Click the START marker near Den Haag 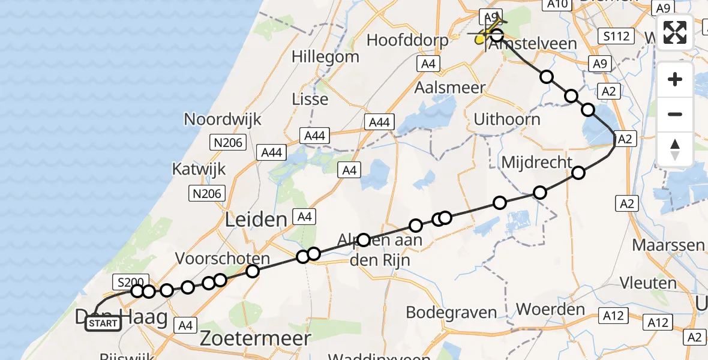(103, 324)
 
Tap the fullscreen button (675, 32)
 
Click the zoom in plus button (675, 79)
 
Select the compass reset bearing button (675, 149)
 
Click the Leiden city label (256, 220)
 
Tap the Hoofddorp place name (407, 41)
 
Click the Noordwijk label (223, 119)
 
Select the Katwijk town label (199, 169)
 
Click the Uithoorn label (507, 119)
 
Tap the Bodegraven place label (451, 312)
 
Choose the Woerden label (542, 310)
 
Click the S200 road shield (128, 281)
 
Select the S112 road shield (617, 37)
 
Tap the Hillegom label (325, 57)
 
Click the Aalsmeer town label (450, 87)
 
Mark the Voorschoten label (223, 259)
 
